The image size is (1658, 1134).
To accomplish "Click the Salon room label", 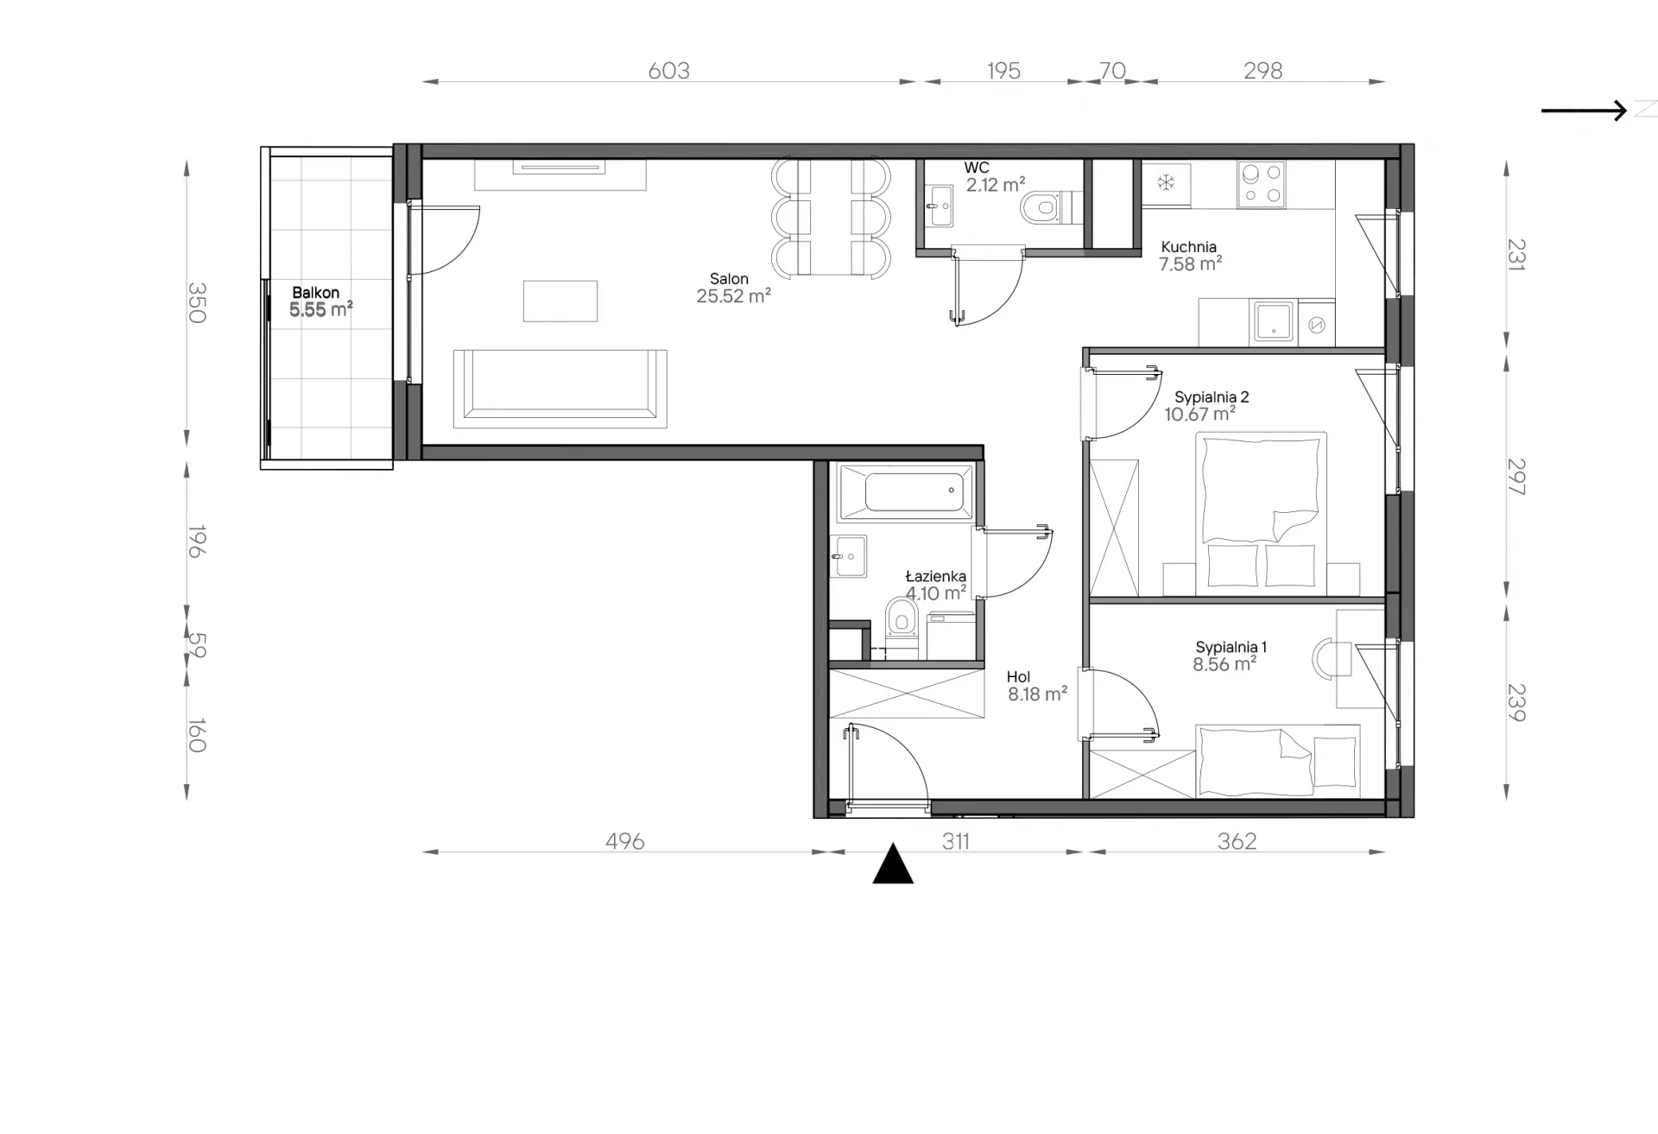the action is click(729, 279).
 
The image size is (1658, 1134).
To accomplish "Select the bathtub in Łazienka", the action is click(905, 492).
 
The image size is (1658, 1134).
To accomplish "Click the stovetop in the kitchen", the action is click(1261, 185).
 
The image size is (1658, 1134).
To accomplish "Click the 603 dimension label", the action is click(668, 71).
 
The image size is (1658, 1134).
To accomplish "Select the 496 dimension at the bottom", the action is click(624, 841).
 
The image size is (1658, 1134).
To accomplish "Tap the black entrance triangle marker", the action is click(893, 864).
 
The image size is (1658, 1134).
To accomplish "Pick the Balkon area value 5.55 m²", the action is click(321, 310).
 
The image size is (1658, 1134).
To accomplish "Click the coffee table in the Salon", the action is click(560, 301).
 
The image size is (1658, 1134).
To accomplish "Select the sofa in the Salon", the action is click(560, 388).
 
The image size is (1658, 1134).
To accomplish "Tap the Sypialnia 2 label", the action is click(1212, 397).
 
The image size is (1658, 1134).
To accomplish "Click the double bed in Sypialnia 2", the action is click(1261, 514).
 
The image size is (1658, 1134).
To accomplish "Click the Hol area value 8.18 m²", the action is click(1037, 694).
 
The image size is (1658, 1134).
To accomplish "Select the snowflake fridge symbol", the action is click(1166, 183).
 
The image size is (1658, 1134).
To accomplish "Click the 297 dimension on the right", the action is click(1516, 476).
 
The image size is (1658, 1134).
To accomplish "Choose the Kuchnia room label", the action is click(1188, 247).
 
